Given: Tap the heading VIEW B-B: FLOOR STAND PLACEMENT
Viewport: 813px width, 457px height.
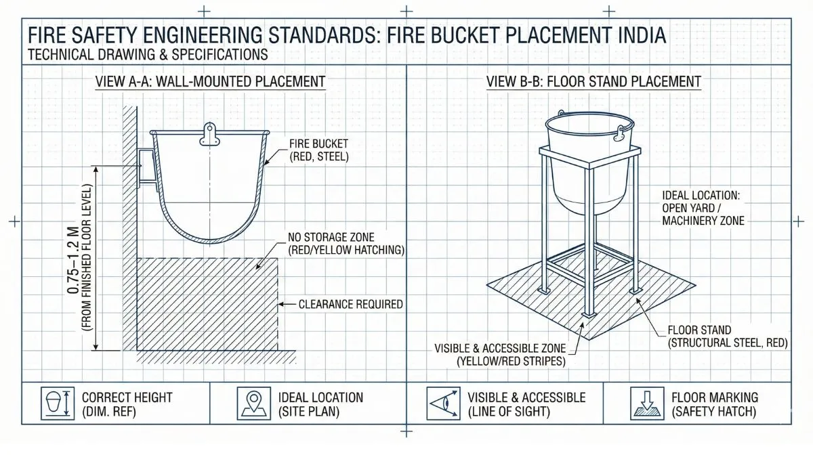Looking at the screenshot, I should click(x=593, y=82).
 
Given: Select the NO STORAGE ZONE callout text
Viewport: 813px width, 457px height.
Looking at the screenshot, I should click(x=346, y=244).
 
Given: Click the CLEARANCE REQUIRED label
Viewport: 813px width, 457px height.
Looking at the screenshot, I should click(x=350, y=304).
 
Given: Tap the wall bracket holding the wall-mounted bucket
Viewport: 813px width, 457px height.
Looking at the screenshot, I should click(x=146, y=167).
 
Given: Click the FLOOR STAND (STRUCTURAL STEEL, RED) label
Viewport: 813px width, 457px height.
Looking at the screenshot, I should click(x=728, y=336).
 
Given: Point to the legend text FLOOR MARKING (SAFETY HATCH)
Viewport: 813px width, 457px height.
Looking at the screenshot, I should click(x=715, y=404).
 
